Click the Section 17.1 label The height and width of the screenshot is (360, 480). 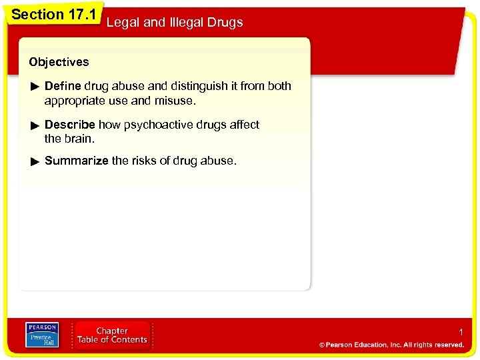click(x=53, y=14)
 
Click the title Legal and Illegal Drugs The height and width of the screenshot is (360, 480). click(x=175, y=23)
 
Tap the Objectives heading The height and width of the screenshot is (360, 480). click(x=59, y=62)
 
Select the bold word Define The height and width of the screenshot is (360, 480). click(x=63, y=86)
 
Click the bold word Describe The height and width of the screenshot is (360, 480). click(x=70, y=125)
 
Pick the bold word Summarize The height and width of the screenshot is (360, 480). click(x=76, y=161)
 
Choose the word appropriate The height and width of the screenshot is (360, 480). click(x=75, y=101)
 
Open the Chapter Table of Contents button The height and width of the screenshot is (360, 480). click(x=112, y=335)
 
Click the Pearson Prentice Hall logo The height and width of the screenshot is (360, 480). click(x=41, y=335)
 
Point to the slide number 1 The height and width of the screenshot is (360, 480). click(x=461, y=332)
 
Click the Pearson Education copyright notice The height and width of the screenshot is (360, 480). click(x=391, y=345)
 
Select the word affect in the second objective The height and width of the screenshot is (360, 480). click(x=244, y=125)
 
